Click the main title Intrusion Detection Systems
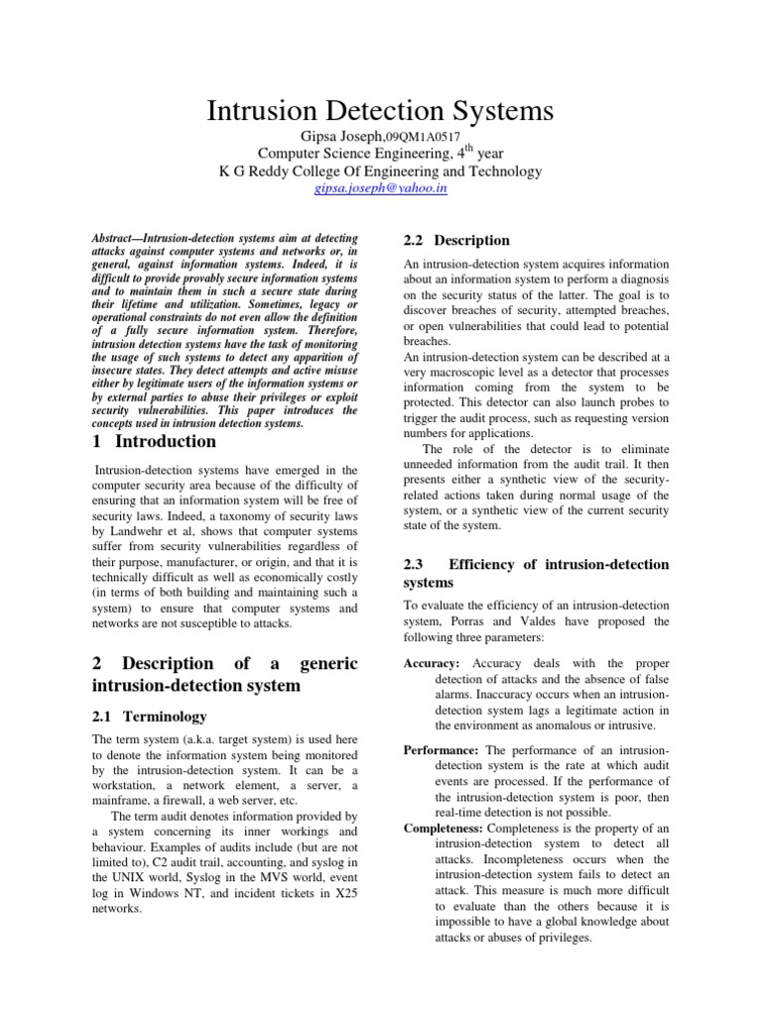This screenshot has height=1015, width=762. [380, 111]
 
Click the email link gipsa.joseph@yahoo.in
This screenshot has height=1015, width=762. [380, 188]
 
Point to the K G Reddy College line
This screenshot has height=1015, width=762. [380, 170]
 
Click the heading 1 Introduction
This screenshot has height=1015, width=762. [154, 441]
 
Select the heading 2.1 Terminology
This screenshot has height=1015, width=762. [149, 716]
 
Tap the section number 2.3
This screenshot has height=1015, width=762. [415, 564]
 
